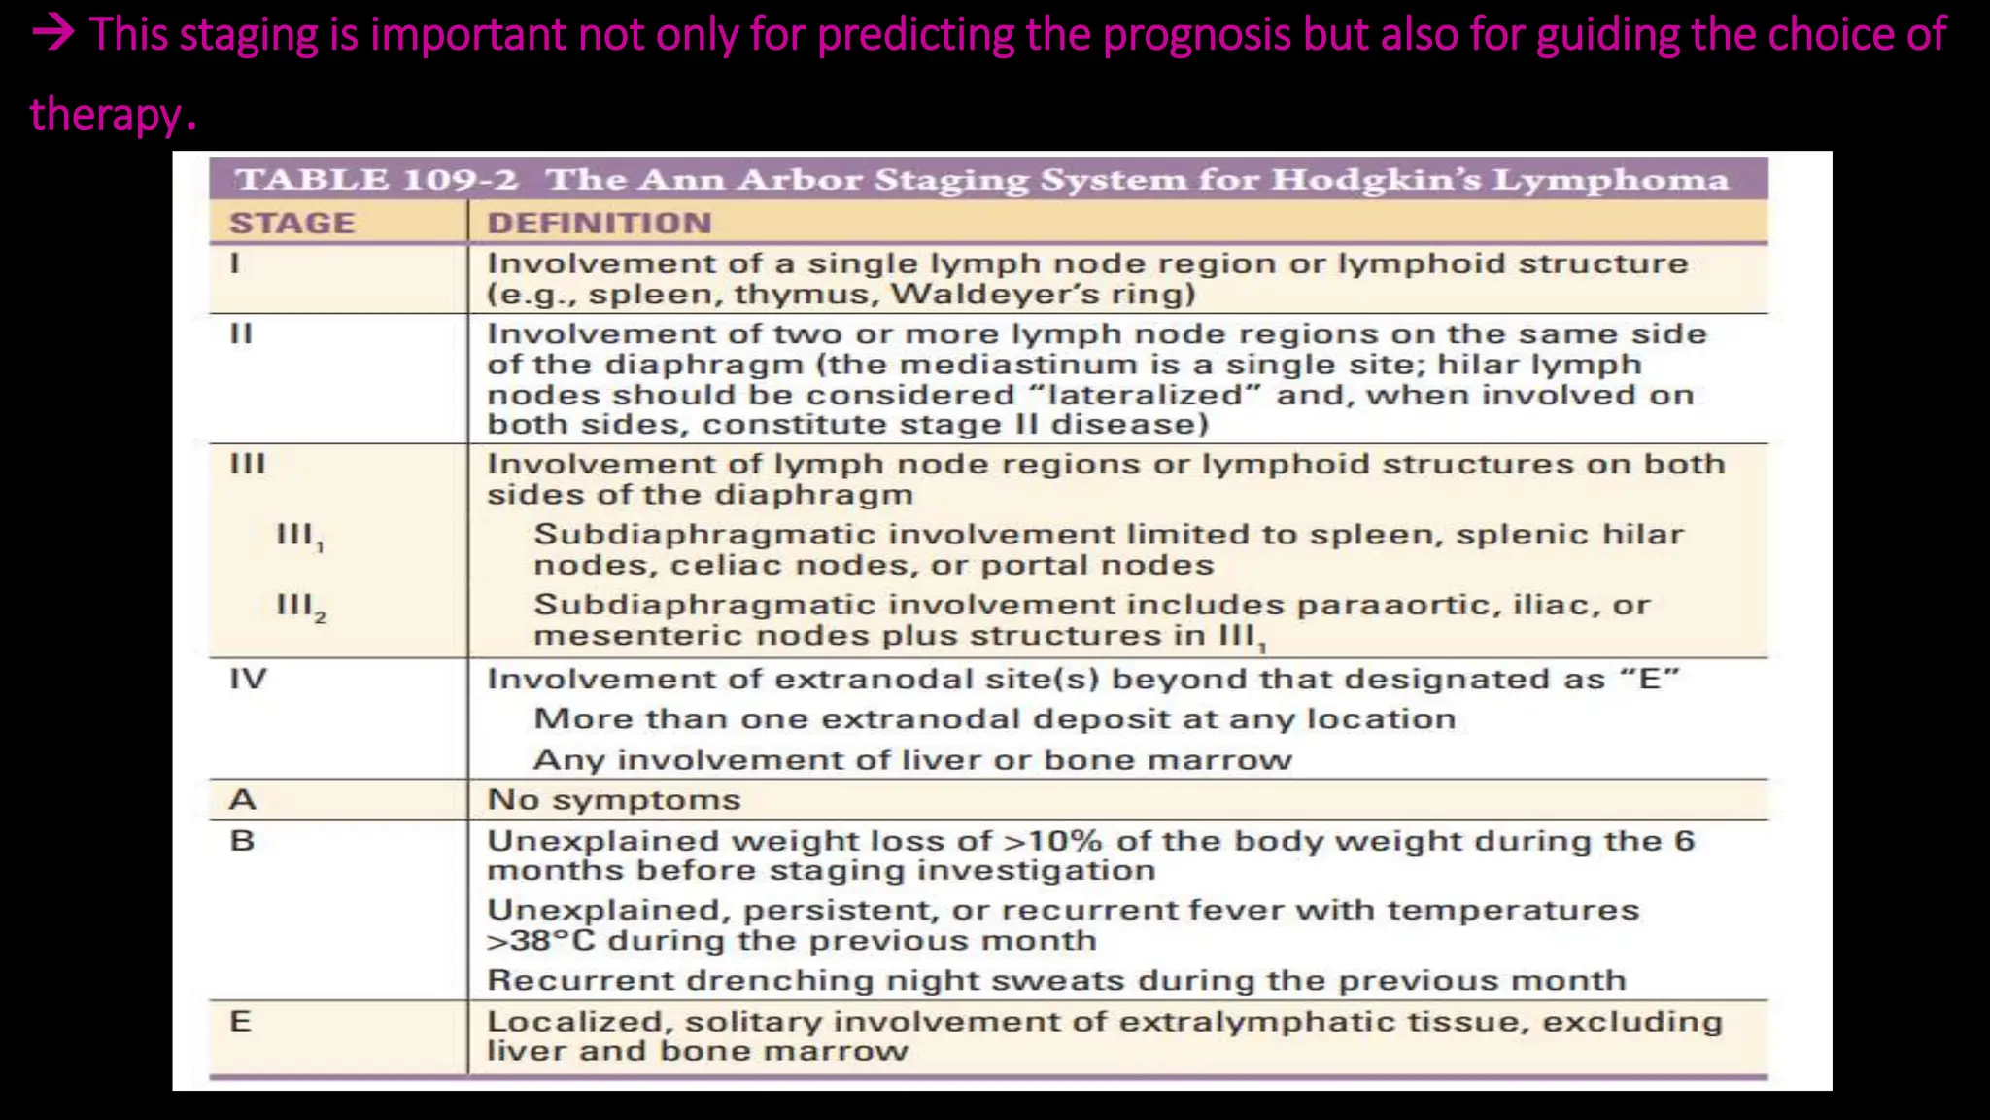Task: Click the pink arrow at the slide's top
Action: point(53,35)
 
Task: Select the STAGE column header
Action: point(292,224)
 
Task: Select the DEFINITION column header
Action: point(600,224)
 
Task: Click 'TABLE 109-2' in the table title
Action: point(377,180)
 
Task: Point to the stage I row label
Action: point(234,263)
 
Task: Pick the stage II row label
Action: point(241,333)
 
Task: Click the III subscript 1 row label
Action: point(299,537)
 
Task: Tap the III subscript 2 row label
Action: point(300,607)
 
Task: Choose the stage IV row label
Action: point(248,679)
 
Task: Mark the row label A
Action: point(242,799)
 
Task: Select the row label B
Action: point(242,840)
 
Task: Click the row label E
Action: point(240,1021)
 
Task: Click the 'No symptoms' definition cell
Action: point(613,799)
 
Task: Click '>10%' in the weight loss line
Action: point(1053,840)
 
